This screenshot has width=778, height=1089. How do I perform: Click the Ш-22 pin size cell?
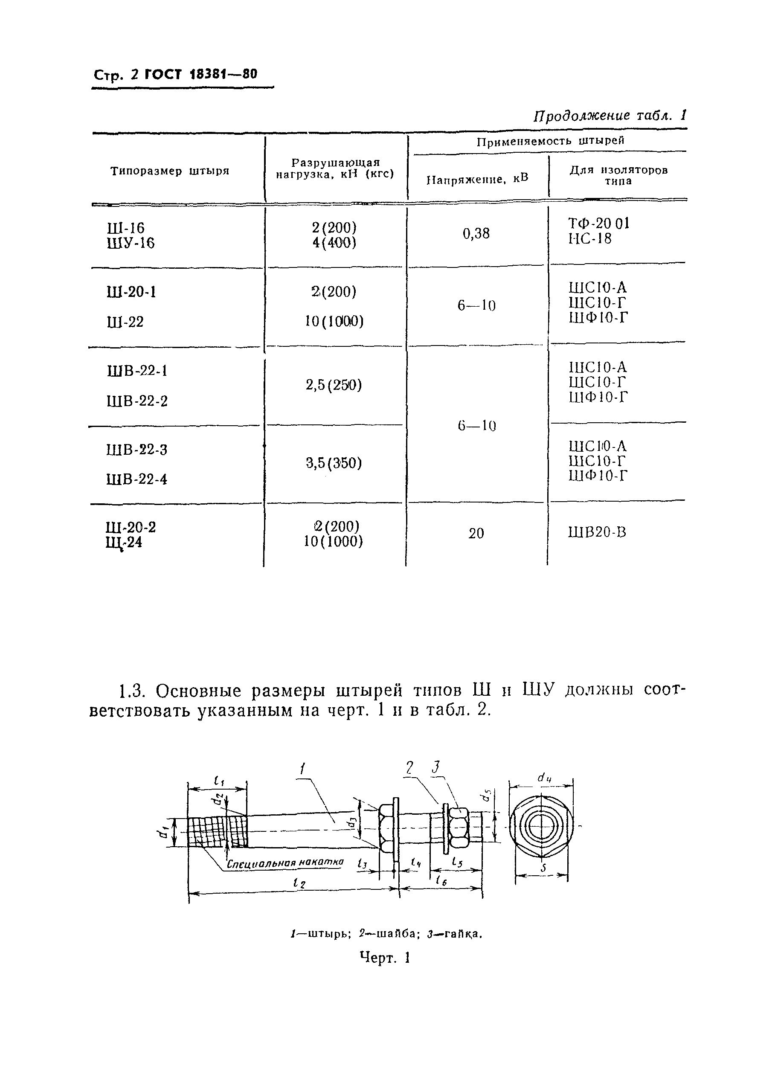pos(125,322)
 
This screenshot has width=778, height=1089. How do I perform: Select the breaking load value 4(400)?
pos(334,243)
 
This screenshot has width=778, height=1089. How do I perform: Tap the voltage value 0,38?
pos(476,234)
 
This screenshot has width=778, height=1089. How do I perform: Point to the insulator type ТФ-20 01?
pos(599,223)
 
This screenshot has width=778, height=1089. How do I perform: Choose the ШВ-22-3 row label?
pos(137,450)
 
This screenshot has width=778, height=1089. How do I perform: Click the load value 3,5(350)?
pos(334,463)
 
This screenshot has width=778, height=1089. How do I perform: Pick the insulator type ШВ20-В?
pos(597,532)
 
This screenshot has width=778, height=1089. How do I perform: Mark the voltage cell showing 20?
pos(476,533)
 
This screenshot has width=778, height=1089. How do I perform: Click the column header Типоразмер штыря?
pos(170,171)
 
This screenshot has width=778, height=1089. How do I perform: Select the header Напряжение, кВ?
pos(477,179)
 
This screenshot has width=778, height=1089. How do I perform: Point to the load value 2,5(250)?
pos(334,385)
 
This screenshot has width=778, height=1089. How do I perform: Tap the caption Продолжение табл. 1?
pos(610,116)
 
